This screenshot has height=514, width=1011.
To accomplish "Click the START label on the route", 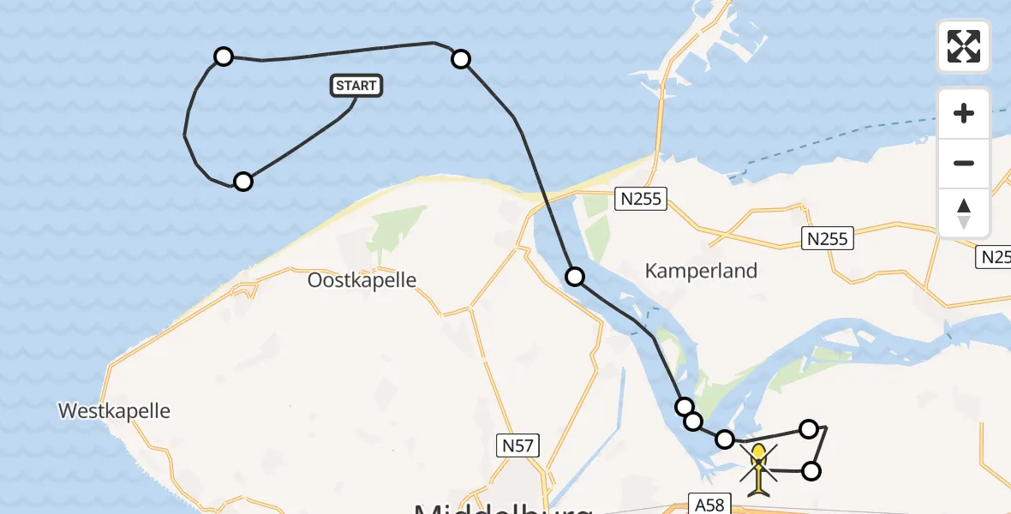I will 356,86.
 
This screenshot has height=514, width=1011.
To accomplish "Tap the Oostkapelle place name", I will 362,280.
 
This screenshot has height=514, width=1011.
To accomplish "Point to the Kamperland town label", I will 701,271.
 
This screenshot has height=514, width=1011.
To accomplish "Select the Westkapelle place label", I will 114,410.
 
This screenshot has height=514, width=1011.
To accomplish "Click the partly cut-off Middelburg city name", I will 503,507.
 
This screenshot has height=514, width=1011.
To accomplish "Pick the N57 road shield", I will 517,445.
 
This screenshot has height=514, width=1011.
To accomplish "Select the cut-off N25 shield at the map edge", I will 995,256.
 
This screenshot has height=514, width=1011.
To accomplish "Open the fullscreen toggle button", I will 964,46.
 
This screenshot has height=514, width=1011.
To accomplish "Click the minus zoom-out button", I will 964,163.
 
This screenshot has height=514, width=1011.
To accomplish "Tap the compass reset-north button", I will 964,212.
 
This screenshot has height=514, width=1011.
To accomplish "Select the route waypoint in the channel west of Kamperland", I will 575,276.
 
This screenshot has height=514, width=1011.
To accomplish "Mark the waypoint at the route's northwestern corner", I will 223,57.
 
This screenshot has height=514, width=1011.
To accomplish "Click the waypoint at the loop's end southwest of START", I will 243,181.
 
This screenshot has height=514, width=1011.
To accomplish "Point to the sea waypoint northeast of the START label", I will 461,58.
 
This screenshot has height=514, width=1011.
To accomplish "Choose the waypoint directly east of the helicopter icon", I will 811,470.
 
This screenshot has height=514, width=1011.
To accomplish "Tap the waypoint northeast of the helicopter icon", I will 809,428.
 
